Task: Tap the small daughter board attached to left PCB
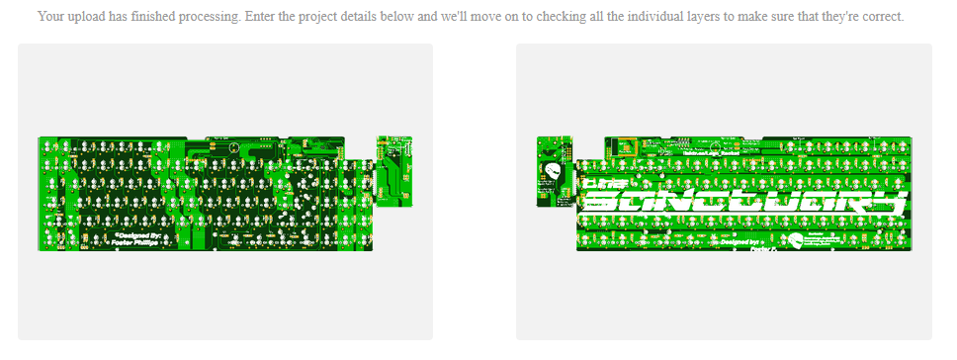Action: click(391, 170)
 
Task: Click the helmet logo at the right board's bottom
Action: click(796, 241)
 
